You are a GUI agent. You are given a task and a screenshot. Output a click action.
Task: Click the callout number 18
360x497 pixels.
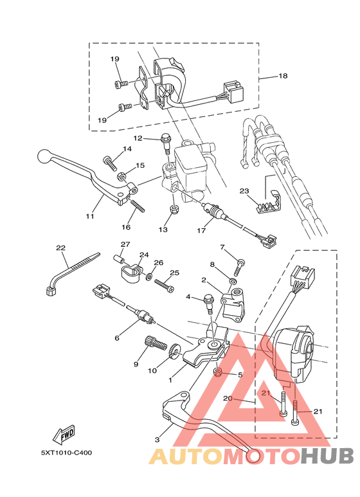pos(283,76)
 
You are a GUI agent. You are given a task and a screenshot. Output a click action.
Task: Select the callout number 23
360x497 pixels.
pos(244,191)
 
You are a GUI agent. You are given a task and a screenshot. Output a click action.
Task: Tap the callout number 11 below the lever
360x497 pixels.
pos(90,216)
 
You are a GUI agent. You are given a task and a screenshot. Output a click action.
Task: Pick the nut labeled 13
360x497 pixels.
pos(172,210)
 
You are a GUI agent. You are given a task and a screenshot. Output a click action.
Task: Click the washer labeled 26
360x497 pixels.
pos(149,276)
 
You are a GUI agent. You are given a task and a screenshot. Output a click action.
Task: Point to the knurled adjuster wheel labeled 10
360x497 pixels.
pos(173,352)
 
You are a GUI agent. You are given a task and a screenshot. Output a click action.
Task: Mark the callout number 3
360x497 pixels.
pos(157,439)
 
